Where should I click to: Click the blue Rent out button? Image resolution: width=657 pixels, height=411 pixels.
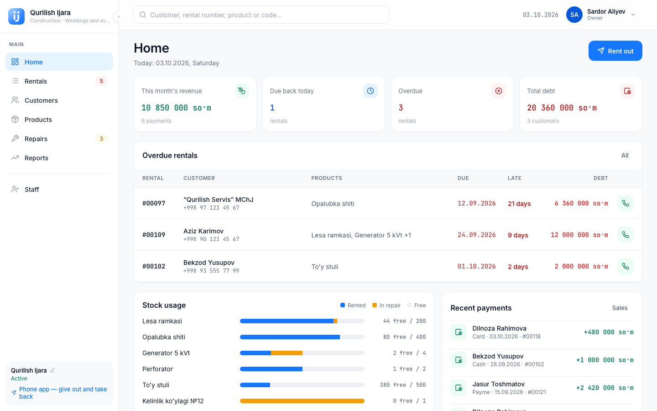click(615, 51)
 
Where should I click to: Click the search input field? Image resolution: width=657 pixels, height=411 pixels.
click(261, 15)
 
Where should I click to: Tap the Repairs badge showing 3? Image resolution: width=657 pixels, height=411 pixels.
click(101, 138)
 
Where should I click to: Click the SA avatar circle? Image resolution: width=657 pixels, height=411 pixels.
click(574, 15)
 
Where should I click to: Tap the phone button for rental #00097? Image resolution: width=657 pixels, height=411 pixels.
click(626, 203)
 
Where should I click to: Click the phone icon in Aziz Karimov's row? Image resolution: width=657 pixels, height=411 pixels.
click(626, 235)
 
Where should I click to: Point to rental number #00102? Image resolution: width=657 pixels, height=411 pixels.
click(154, 266)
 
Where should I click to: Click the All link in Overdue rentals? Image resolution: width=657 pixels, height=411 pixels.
click(625, 155)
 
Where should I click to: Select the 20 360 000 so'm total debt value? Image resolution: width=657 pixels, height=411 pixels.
click(562, 108)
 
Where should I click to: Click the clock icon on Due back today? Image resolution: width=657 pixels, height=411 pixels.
click(370, 91)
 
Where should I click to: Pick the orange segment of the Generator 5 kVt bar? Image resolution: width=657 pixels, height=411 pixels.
click(287, 353)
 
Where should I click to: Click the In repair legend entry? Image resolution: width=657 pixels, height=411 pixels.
click(386, 306)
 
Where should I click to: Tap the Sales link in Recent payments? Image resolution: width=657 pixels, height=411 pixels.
click(620, 308)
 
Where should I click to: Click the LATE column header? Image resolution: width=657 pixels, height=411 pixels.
click(515, 178)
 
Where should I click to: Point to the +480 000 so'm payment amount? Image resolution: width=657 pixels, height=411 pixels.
click(609, 332)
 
